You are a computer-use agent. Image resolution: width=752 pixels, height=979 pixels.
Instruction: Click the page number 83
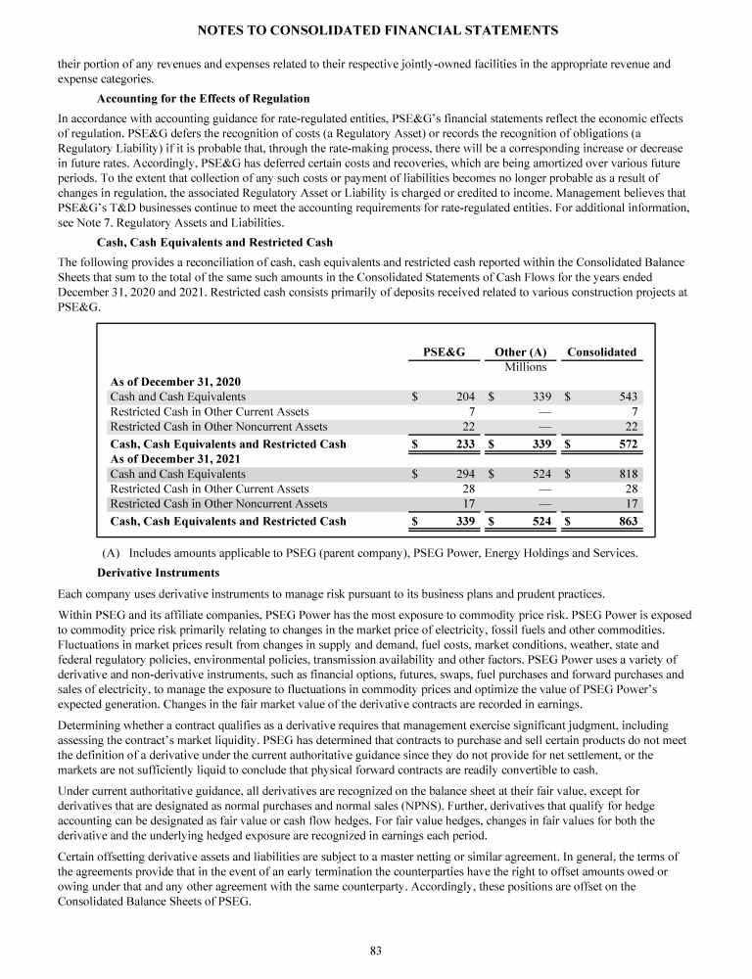tap(375, 949)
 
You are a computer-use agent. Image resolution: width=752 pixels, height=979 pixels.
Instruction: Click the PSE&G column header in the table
tap(443, 351)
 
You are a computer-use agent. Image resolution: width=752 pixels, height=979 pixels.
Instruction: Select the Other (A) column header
tap(520, 351)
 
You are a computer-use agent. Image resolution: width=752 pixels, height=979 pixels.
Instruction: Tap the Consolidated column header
tap(602, 351)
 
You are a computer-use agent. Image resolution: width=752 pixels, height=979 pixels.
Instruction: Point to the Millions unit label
tap(525, 367)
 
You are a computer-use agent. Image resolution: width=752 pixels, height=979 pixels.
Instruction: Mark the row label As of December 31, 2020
tap(175, 381)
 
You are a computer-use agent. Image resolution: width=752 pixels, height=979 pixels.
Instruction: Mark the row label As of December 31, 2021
tap(175, 459)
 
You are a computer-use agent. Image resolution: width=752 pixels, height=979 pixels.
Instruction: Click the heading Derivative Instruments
tap(159, 572)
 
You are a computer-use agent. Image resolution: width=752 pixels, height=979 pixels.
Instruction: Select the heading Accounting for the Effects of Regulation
tap(204, 99)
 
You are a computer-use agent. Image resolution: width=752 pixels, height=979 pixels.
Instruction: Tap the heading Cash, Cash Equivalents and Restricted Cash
tap(215, 242)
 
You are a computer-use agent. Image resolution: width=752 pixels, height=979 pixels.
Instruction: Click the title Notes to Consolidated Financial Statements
tap(376, 31)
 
